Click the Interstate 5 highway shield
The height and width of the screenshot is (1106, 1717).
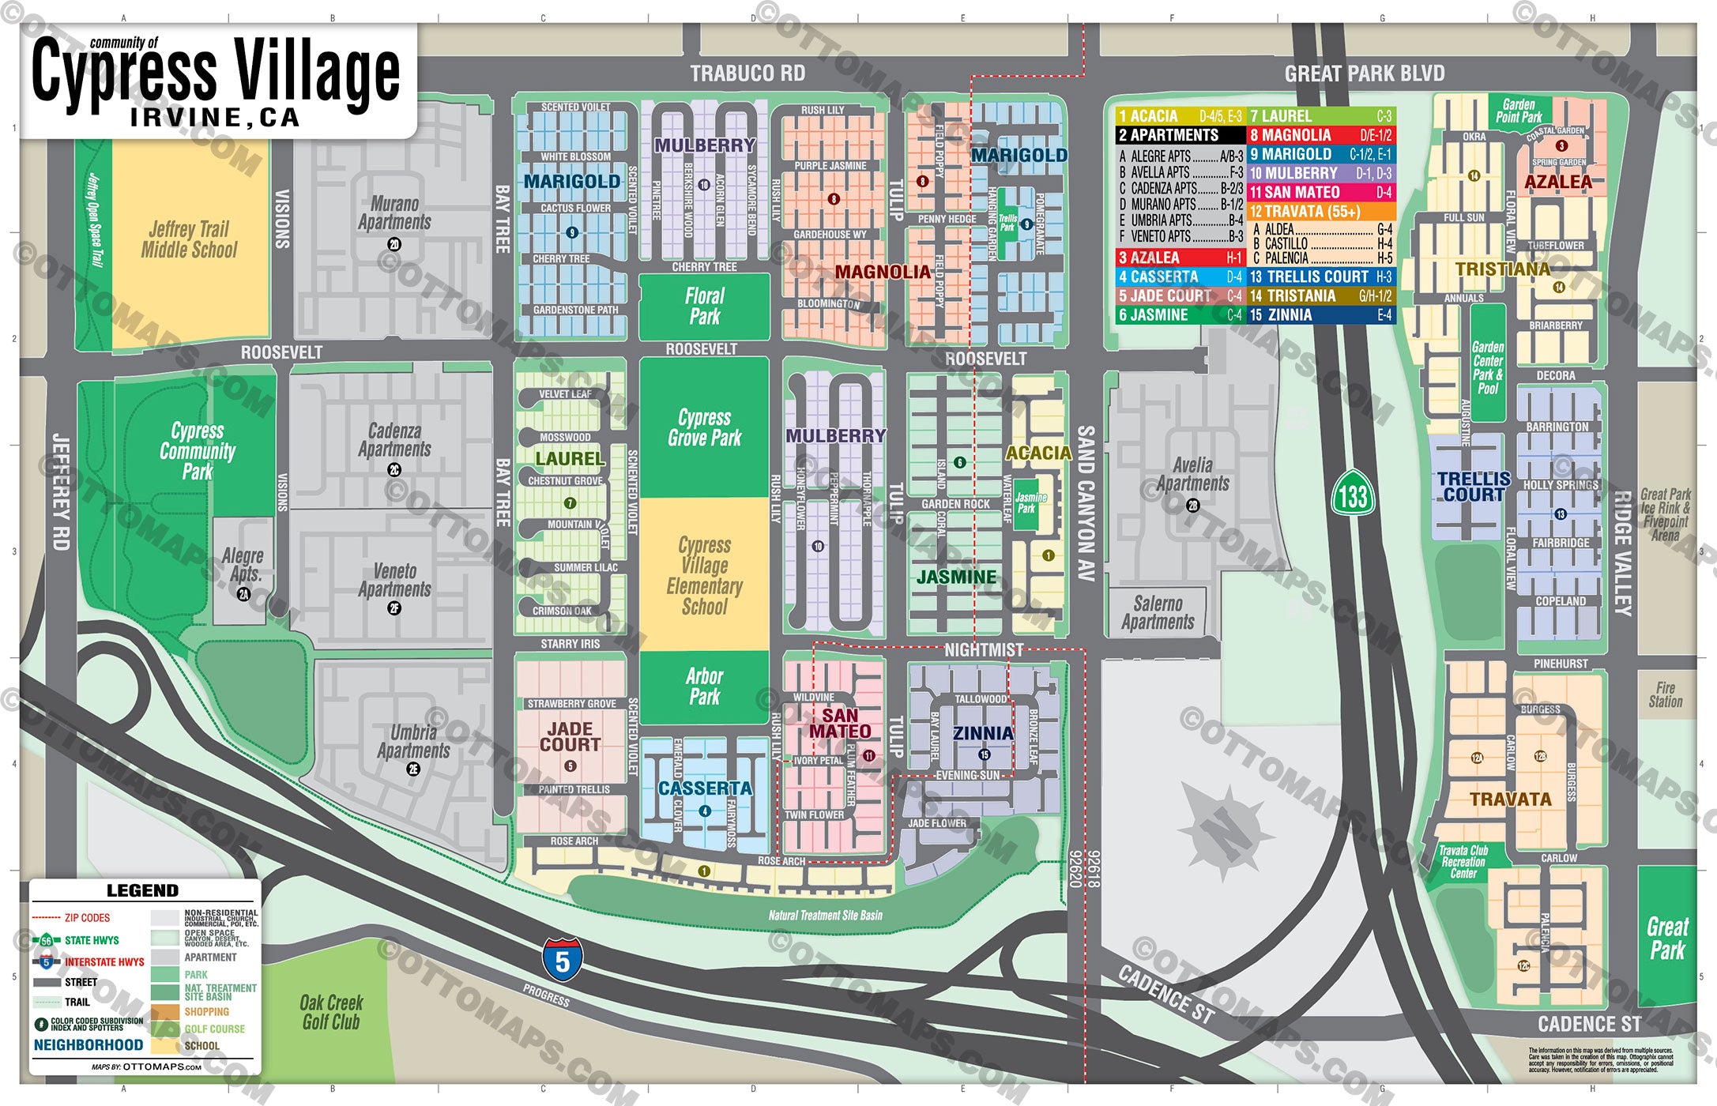(562, 960)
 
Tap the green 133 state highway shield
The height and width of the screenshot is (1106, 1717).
(1353, 496)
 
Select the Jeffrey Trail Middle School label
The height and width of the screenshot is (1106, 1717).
(189, 240)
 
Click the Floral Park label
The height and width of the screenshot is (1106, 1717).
(704, 307)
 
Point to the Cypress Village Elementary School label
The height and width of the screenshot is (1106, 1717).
(704, 576)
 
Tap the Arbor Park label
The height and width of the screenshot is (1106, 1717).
(704, 687)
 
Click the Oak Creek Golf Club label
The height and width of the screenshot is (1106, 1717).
(331, 1012)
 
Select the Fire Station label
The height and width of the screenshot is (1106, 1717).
(1665, 694)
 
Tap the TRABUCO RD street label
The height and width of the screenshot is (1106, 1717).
(747, 73)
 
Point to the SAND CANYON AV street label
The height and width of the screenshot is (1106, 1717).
(1086, 503)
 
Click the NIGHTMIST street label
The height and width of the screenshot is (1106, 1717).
(984, 650)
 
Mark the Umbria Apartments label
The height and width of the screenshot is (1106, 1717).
(413, 742)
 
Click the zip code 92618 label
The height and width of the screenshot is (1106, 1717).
(1093, 869)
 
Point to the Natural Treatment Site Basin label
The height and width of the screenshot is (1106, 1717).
(825, 916)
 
